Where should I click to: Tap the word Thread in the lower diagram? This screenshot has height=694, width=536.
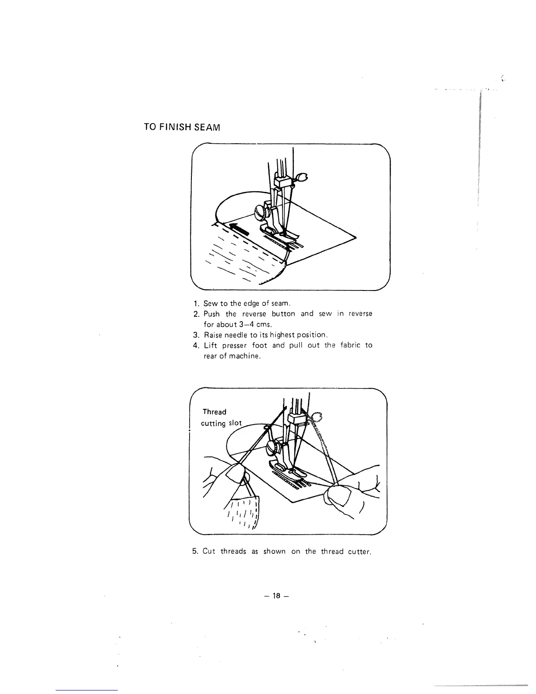pyautogui.click(x=215, y=412)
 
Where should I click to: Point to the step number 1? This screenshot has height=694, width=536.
pyautogui.click(x=196, y=304)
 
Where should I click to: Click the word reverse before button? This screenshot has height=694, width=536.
pyautogui.click(x=254, y=314)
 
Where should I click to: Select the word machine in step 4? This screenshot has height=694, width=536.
pyautogui.click(x=245, y=356)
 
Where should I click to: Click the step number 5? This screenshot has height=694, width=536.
pyautogui.click(x=195, y=552)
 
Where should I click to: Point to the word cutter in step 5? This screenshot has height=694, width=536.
pyautogui.click(x=359, y=552)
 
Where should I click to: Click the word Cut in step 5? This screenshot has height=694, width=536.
pyautogui.click(x=209, y=552)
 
